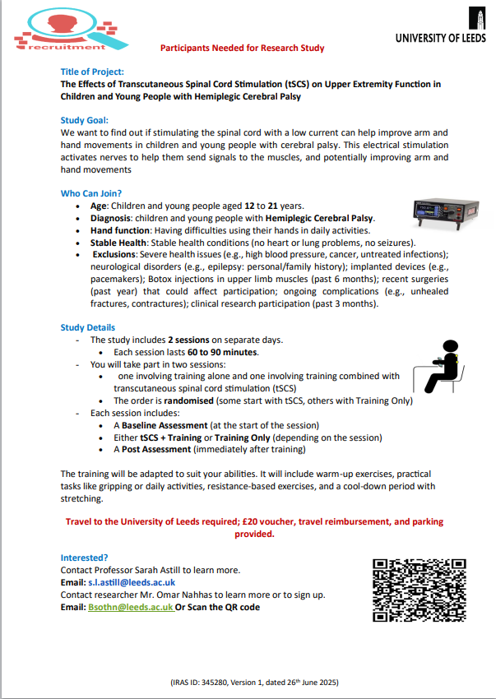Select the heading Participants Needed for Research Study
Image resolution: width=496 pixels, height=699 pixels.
pyautogui.click(x=242, y=49)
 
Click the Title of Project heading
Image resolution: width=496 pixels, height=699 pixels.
pyautogui.click(x=93, y=72)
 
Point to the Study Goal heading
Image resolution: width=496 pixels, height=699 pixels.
pyautogui.click(x=85, y=120)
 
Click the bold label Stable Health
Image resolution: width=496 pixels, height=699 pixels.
pyautogui.click(x=118, y=243)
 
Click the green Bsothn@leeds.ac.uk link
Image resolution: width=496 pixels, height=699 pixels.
pyautogui.click(x=131, y=607)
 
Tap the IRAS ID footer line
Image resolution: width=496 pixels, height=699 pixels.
pyautogui.click(x=248, y=683)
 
